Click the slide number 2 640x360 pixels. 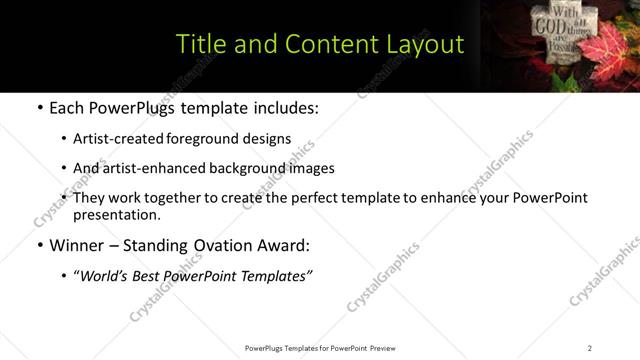click(x=590, y=347)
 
